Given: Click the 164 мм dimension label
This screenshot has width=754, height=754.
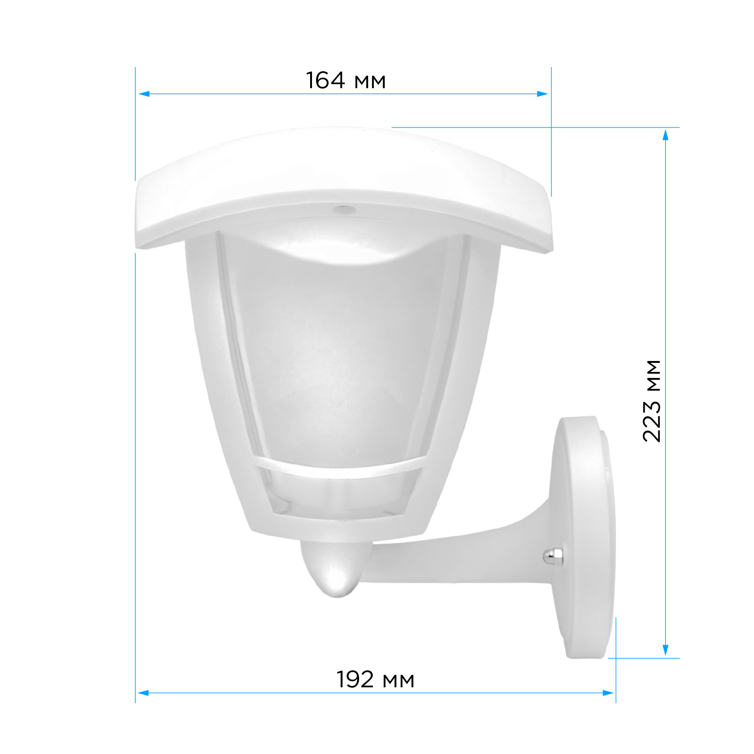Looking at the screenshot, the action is pos(346,81).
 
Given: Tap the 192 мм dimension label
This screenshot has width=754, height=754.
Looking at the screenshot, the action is pos(375,679).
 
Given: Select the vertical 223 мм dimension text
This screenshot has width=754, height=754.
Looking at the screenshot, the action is pos(652,401).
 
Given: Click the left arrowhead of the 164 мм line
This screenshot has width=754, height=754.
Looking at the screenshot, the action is pos(144,94).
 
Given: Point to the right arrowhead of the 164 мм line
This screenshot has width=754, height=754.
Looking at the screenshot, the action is pos(543,94).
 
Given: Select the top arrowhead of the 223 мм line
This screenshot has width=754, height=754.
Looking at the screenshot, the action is pos(666,135).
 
